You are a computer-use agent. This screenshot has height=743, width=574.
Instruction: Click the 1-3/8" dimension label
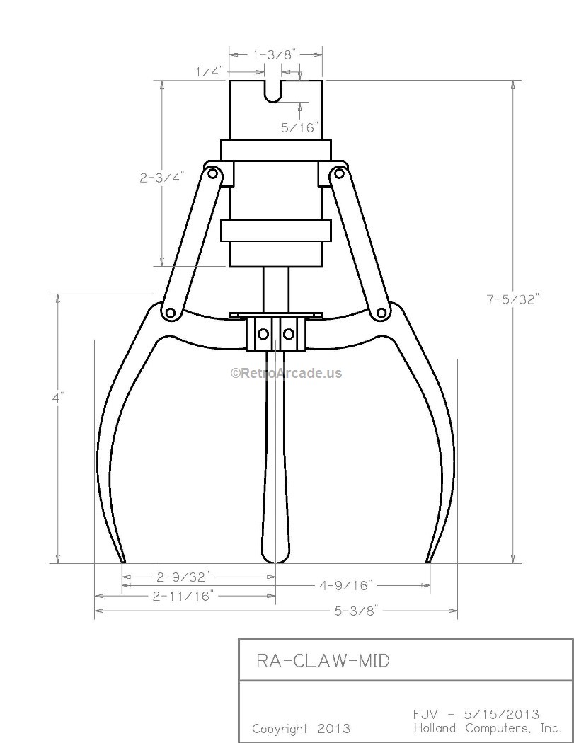pos(275,54)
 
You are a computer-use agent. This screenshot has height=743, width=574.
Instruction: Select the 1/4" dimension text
pos(210,71)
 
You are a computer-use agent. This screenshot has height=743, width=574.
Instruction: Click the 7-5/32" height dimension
pos(512,299)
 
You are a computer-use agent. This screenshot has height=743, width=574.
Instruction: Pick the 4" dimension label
pos(58,398)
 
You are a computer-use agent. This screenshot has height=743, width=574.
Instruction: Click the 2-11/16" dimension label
pos(183,596)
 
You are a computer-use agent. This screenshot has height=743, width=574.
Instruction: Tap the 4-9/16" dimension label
pos(345,585)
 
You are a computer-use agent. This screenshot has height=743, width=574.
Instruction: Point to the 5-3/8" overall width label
pos(357,609)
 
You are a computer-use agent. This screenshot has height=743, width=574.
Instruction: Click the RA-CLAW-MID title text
pos(322,661)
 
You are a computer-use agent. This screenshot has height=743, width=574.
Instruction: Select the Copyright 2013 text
pos(301,728)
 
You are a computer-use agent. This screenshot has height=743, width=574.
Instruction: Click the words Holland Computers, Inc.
pos(487,728)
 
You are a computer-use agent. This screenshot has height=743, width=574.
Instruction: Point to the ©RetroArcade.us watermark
pos(286,373)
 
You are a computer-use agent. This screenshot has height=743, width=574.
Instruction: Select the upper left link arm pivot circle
pos(212,173)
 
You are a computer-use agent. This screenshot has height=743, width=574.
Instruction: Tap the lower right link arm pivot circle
pos(381,313)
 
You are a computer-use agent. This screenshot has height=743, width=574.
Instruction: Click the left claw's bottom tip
pos(123,560)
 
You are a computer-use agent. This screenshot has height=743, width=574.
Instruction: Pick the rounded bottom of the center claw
pos(275,558)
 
